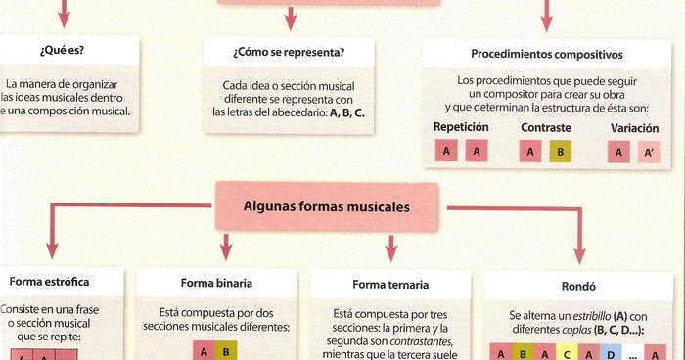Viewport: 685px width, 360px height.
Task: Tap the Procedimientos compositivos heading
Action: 546,54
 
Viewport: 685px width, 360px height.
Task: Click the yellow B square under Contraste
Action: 558,152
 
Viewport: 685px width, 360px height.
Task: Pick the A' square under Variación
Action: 648,152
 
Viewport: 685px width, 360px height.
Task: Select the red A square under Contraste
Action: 529,152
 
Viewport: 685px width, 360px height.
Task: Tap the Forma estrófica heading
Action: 65,282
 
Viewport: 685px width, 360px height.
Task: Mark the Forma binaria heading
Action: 216,283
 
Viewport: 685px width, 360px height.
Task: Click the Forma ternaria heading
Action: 390,284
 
